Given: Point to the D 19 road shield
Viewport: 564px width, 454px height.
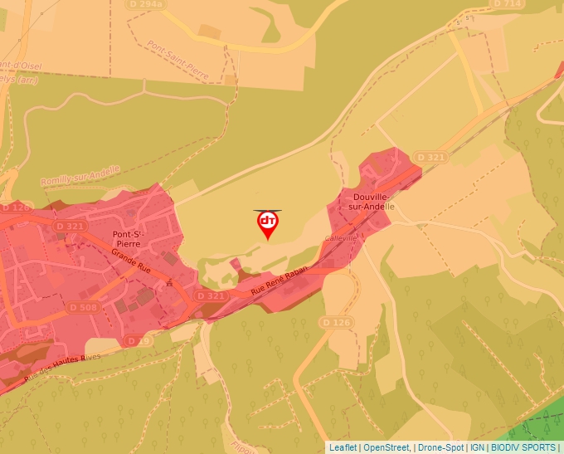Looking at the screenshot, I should [x=137, y=340].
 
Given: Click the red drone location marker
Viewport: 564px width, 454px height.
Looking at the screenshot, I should [x=268, y=222].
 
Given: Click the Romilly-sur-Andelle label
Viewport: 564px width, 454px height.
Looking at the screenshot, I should [x=80, y=175].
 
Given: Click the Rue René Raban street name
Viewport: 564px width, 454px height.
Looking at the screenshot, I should [x=280, y=281].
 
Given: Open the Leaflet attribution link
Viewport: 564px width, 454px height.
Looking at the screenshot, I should [x=343, y=447].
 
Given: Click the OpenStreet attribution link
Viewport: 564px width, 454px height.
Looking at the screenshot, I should [x=387, y=447].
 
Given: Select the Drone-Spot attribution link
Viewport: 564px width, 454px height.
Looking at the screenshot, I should [x=440, y=447].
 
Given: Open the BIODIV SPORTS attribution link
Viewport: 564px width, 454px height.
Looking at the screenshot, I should [x=523, y=447].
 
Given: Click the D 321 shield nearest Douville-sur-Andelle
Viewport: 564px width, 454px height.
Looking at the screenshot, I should [x=431, y=157].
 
